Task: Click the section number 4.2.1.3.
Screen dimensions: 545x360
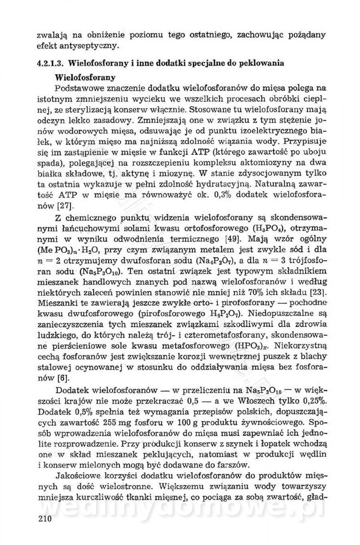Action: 52,63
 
